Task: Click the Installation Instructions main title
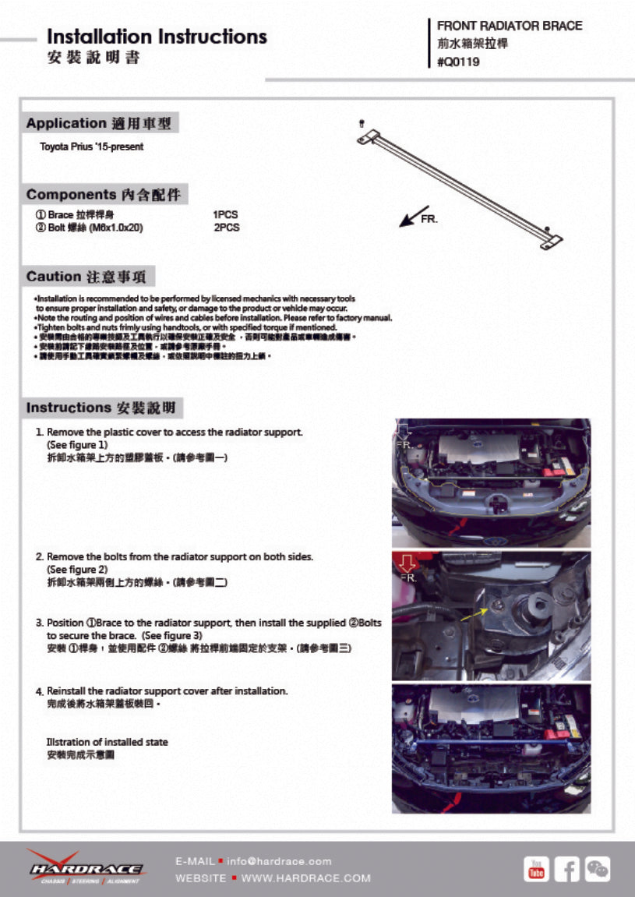tap(157, 37)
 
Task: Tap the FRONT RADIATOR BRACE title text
tap(509, 26)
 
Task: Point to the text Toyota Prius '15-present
tap(92, 147)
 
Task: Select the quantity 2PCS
tap(226, 228)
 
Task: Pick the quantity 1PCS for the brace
tap(225, 214)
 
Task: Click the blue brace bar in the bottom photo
tap(491, 745)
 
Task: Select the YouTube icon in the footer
tap(536, 869)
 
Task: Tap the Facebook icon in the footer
tap(567, 869)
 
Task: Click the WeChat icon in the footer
tap(598, 869)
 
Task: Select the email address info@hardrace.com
tap(279, 861)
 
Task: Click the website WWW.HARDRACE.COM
tap(305, 878)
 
